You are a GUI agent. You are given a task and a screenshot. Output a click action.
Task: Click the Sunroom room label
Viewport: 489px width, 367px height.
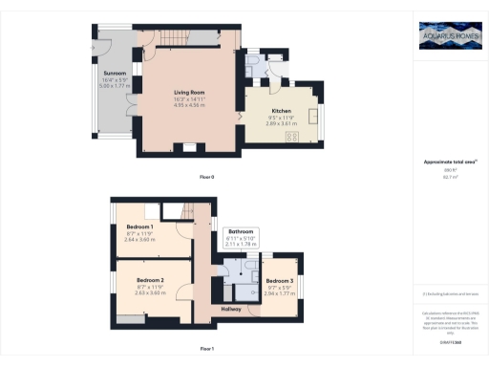[x=115, y=72]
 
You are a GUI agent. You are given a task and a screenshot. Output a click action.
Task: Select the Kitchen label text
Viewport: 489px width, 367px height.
[x=268, y=112]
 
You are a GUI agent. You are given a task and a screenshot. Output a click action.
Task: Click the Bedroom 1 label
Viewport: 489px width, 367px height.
[x=140, y=227]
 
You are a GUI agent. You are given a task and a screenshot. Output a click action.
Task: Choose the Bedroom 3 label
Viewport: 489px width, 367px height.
[x=280, y=279]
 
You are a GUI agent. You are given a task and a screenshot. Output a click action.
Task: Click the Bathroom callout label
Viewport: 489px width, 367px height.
[x=241, y=231]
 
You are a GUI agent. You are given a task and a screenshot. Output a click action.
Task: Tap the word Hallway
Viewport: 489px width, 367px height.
[x=231, y=309]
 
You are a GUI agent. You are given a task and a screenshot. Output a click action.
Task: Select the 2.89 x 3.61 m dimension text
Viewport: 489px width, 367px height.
[x=268, y=125]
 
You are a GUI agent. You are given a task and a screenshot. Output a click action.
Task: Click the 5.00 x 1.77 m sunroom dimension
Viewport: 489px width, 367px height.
[x=115, y=85]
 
